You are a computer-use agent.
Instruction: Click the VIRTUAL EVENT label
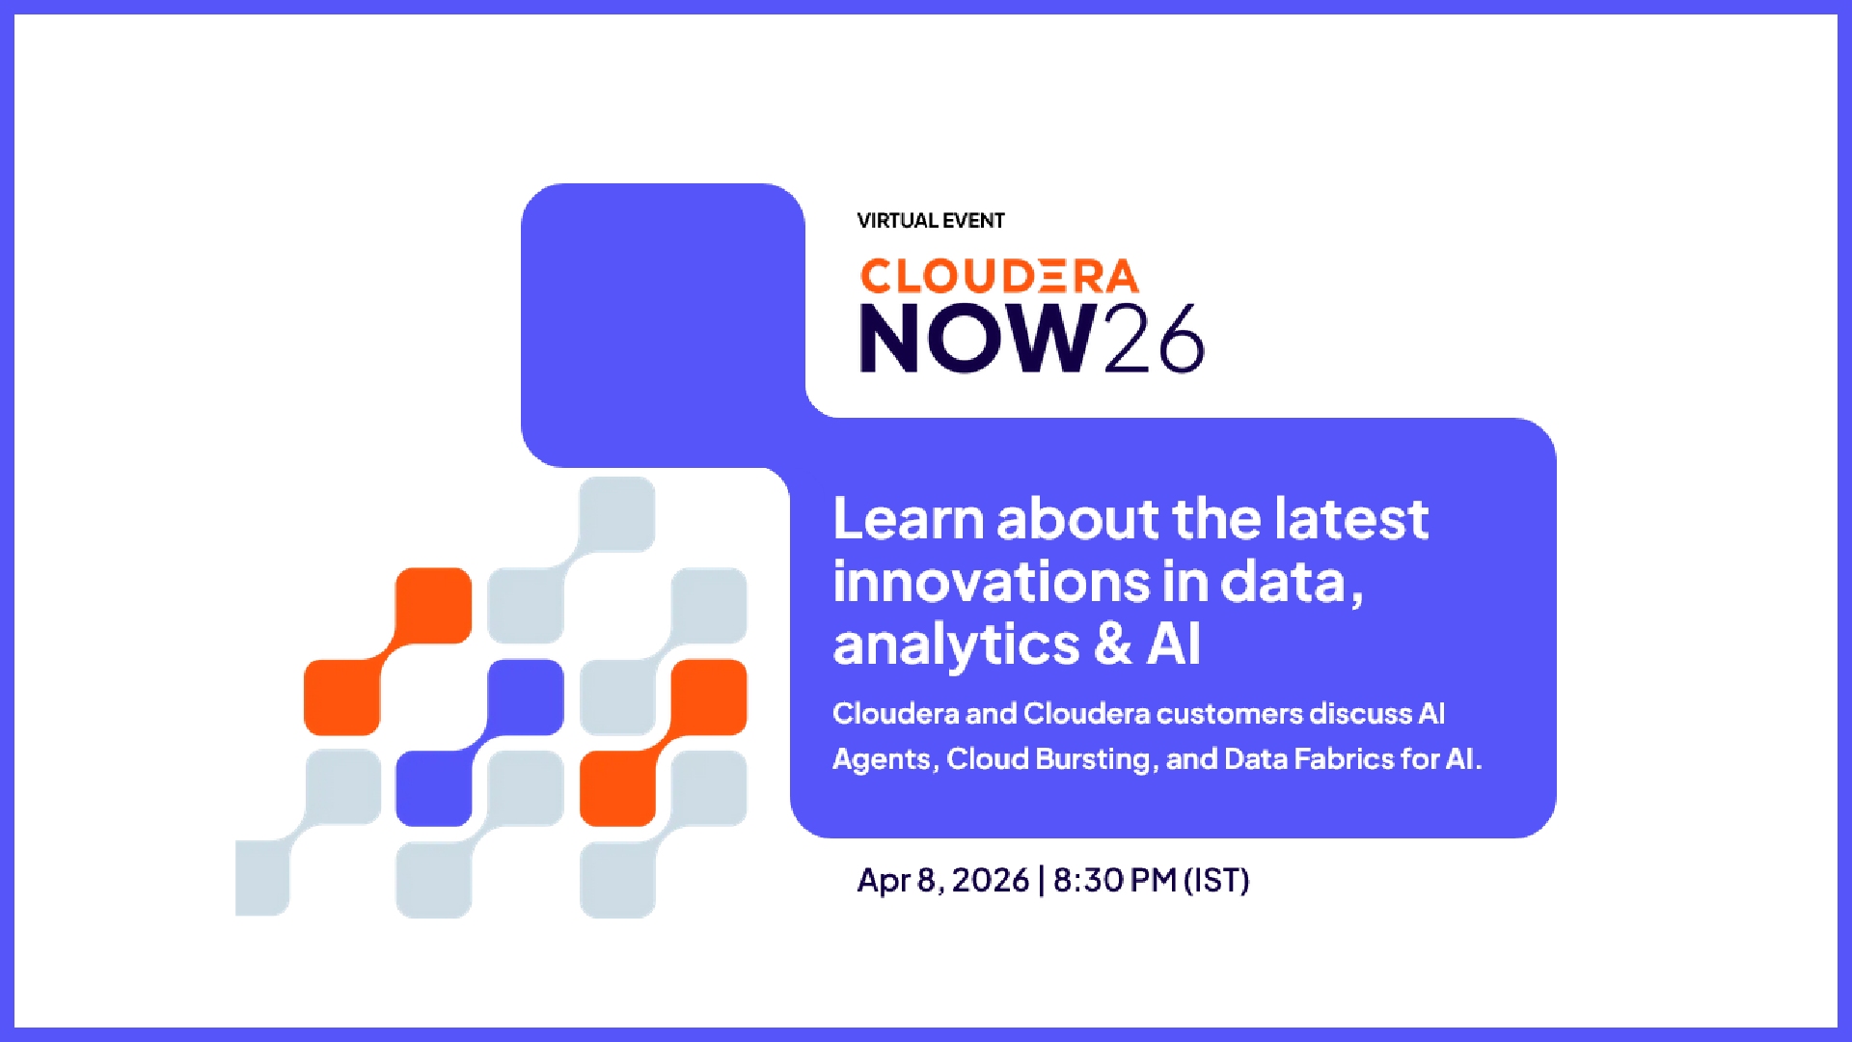(x=931, y=221)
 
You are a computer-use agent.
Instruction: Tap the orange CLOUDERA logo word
(x=999, y=277)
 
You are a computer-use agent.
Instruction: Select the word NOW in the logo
(x=978, y=338)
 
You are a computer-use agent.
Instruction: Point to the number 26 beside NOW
(x=1154, y=338)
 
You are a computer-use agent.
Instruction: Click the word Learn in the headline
(x=908, y=519)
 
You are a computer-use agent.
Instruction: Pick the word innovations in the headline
(x=992, y=583)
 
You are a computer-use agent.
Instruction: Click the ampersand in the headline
(x=1113, y=644)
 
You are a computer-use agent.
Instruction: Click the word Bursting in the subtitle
(x=1093, y=760)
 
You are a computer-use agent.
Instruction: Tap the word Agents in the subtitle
(x=882, y=760)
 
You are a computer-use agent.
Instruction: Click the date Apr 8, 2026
(x=942, y=881)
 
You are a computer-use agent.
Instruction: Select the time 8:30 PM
(x=1114, y=880)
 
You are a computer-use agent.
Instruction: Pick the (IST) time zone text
(x=1216, y=881)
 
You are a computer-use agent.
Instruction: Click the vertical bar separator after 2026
(x=1041, y=881)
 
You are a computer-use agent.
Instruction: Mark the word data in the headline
(x=1292, y=583)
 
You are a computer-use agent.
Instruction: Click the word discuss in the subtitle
(x=1361, y=714)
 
